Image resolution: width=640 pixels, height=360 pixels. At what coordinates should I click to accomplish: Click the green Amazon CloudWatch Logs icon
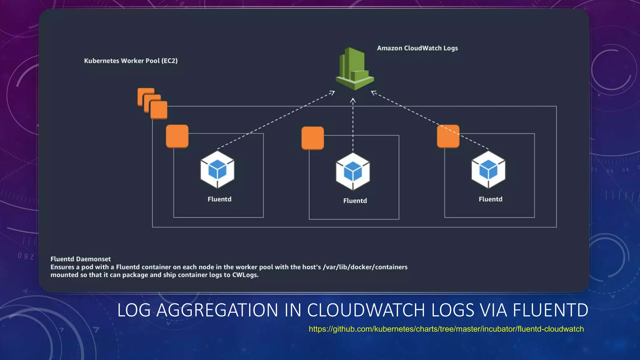(355, 69)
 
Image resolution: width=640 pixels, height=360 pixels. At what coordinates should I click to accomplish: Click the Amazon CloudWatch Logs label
(417, 48)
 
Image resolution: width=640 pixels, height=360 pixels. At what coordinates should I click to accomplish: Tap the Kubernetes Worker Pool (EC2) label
(131, 61)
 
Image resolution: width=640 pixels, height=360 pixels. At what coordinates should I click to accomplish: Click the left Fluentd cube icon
(217, 170)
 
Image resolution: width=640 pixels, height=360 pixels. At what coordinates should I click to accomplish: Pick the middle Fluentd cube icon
(353, 171)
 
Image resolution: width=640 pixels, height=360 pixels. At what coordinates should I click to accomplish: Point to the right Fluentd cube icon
(488, 170)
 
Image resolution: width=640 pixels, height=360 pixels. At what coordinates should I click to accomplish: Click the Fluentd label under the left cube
(219, 199)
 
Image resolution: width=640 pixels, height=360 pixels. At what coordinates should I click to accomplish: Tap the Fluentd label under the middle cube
(355, 201)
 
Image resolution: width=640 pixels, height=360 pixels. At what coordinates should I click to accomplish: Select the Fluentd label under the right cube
(490, 199)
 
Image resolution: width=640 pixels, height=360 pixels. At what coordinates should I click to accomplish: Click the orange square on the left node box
(177, 136)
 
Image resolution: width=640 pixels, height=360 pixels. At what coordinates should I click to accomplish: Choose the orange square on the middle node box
(312, 138)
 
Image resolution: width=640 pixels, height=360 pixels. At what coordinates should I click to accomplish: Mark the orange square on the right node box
(448, 136)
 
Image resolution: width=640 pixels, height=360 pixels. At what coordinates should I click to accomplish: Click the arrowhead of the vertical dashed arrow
(353, 100)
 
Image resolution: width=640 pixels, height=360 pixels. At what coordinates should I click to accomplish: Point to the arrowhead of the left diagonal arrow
(332, 92)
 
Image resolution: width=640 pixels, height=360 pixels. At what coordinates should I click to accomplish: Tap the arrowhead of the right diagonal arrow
(373, 92)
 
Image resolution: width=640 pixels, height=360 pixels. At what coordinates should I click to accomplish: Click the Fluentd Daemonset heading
(81, 259)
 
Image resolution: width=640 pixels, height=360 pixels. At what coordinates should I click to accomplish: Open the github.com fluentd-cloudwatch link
(446, 329)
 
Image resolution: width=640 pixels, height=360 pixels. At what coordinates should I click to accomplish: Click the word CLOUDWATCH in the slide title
(366, 310)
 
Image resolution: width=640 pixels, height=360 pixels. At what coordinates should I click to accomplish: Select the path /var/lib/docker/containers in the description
(365, 267)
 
